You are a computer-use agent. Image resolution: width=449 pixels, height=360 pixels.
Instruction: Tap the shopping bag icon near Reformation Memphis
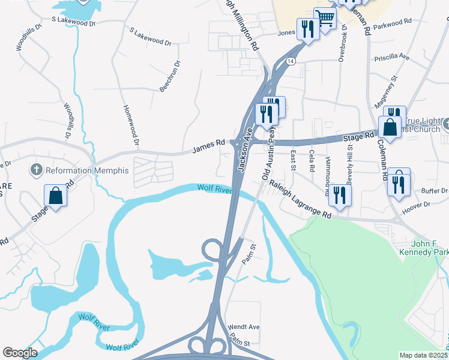(x=55, y=196)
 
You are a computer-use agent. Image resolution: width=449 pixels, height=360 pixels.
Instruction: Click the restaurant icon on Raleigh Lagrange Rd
(x=340, y=196)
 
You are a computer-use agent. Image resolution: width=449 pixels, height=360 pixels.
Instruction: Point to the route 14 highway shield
(x=291, y=62)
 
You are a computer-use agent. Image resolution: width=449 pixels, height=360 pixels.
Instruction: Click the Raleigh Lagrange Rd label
(x=300, y=199)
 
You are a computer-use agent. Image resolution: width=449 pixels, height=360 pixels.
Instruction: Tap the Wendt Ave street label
(x=244, y=327)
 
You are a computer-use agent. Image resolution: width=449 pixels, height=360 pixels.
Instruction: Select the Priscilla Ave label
(x=391, y=58)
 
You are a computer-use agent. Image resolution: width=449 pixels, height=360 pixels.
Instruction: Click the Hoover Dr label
(x=418, y=205)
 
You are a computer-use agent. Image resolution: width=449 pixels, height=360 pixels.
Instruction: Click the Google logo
(x=20, y=353)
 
